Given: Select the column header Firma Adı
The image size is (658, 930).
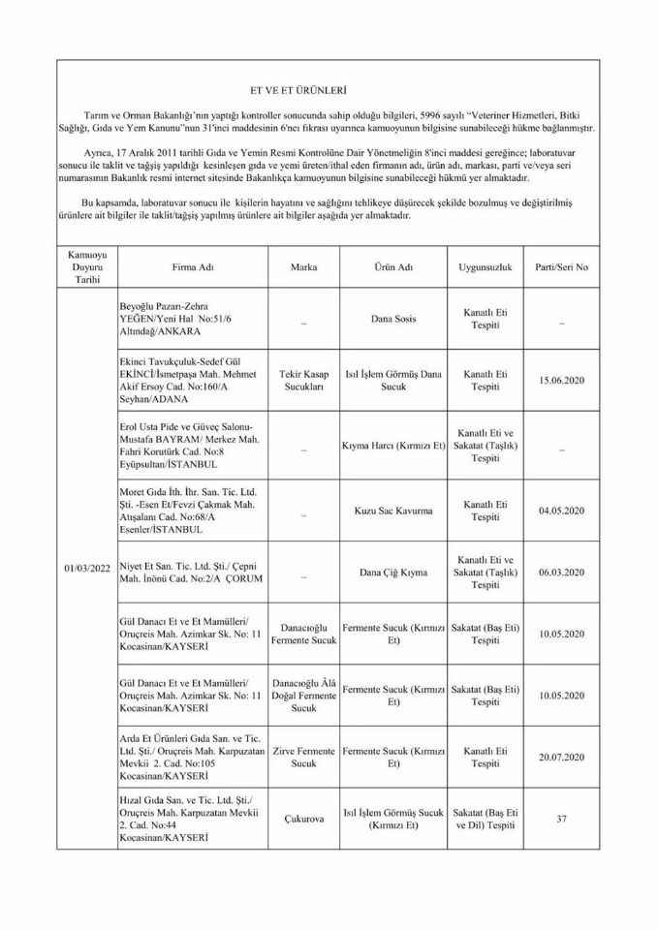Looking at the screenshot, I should coord(186,265).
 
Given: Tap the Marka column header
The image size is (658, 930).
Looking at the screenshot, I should coord(303,265).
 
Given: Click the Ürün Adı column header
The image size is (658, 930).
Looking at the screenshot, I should coord(392,265).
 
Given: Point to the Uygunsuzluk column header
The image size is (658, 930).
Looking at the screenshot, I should coord(485,265).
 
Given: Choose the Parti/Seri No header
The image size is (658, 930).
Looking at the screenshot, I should coord(561,265).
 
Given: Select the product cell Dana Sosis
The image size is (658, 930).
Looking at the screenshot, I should coord(392,318).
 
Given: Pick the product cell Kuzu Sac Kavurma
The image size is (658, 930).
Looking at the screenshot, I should coord(392,511).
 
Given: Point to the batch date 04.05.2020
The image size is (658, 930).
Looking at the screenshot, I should coord(561,511).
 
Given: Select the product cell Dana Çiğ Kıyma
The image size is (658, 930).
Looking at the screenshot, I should coord(392,572).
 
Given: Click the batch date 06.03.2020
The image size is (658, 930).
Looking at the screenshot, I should coord(561,572).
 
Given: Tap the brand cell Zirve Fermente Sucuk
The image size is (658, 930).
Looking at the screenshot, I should coord(303,757).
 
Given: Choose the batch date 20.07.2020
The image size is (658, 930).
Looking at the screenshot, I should coord(561,757).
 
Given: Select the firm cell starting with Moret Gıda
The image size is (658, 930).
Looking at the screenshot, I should coord(185,511).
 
